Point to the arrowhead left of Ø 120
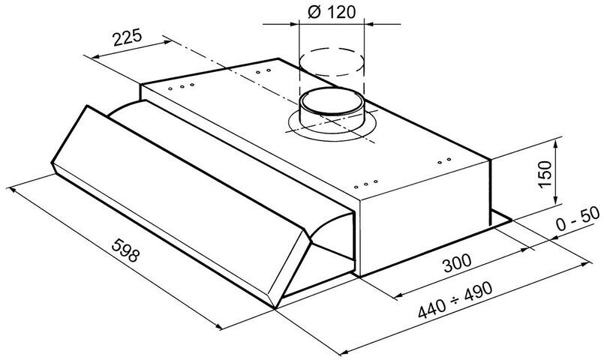pyautogui.click(x=294, y=24)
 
